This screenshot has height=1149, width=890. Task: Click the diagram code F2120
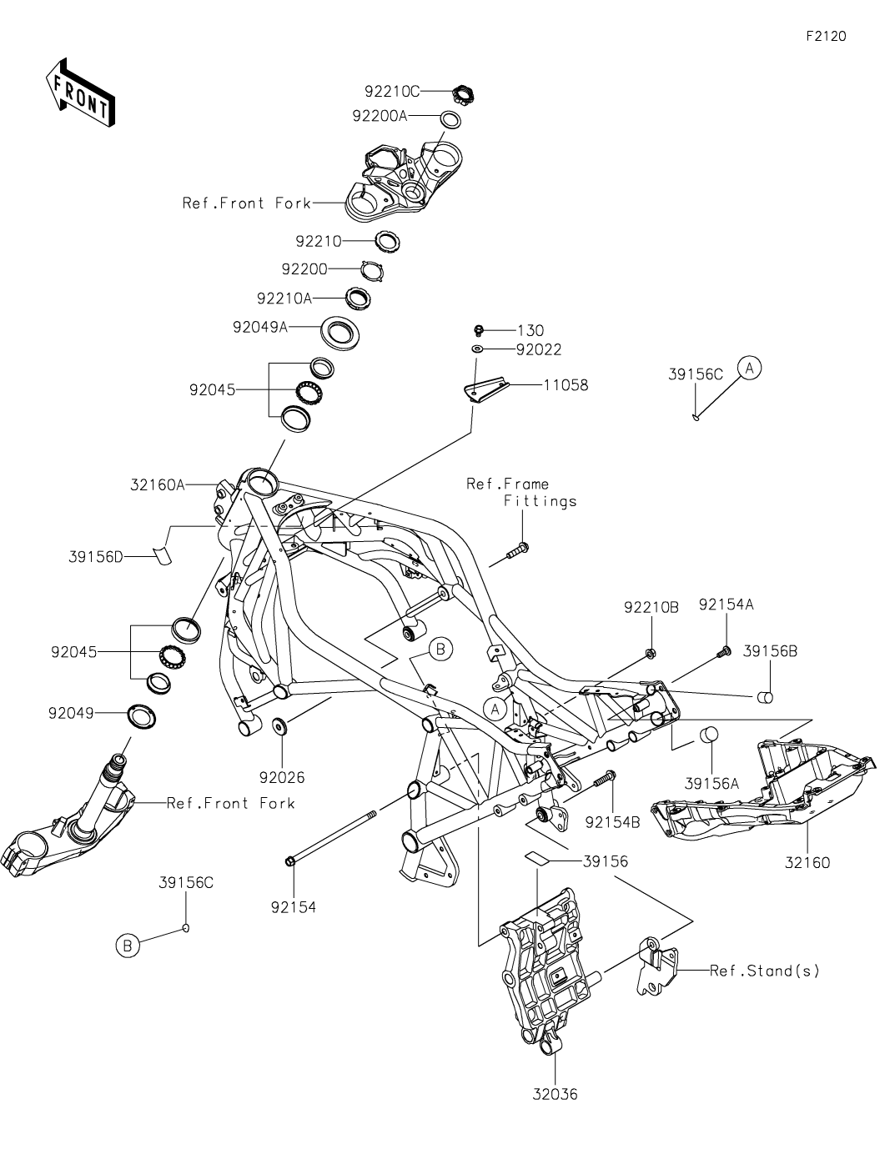pos(826,37)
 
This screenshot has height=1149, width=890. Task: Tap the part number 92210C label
pos(391,91)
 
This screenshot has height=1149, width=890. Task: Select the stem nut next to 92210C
pos(464,93)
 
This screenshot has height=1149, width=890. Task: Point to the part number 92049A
pos(260,328)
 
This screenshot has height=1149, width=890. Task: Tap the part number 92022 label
pos(539,349)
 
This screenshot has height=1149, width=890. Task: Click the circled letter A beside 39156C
pos(749,368)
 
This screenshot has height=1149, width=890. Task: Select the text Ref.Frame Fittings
pos(520,492)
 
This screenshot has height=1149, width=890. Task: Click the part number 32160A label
pos(158,484)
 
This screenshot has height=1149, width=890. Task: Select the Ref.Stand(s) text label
pos(765,971)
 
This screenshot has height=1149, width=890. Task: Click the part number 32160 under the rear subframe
pos(807,863)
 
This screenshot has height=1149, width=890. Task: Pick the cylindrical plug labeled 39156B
pos(766,696)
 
